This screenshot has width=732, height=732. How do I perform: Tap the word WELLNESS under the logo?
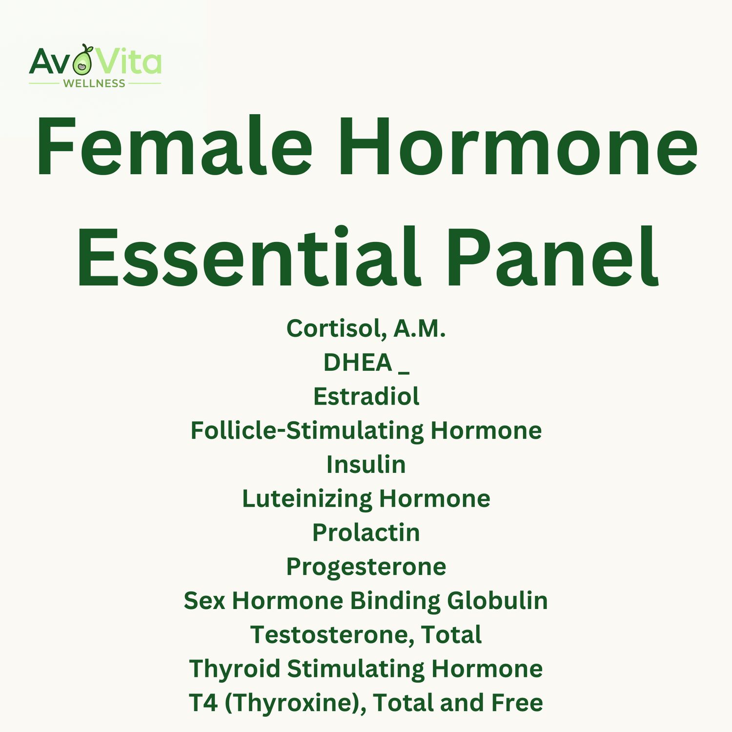tap(94, 83)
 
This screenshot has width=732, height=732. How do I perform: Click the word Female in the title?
tap(174, 146)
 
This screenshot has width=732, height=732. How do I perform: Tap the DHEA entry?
tap(358, 363)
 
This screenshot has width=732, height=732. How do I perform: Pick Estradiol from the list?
tap(366, 396)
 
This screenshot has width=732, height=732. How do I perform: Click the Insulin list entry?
tap(366, 465)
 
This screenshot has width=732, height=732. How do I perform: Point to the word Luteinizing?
tap(307, 499)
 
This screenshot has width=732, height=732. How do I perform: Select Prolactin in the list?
tap(366, 532)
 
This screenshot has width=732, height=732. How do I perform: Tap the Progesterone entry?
tap(366, 567)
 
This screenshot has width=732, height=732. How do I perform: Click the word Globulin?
tap(497, 601)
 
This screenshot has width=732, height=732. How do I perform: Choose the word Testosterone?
tap(332, 635)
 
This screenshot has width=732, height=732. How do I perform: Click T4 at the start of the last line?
tap(203, 703)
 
